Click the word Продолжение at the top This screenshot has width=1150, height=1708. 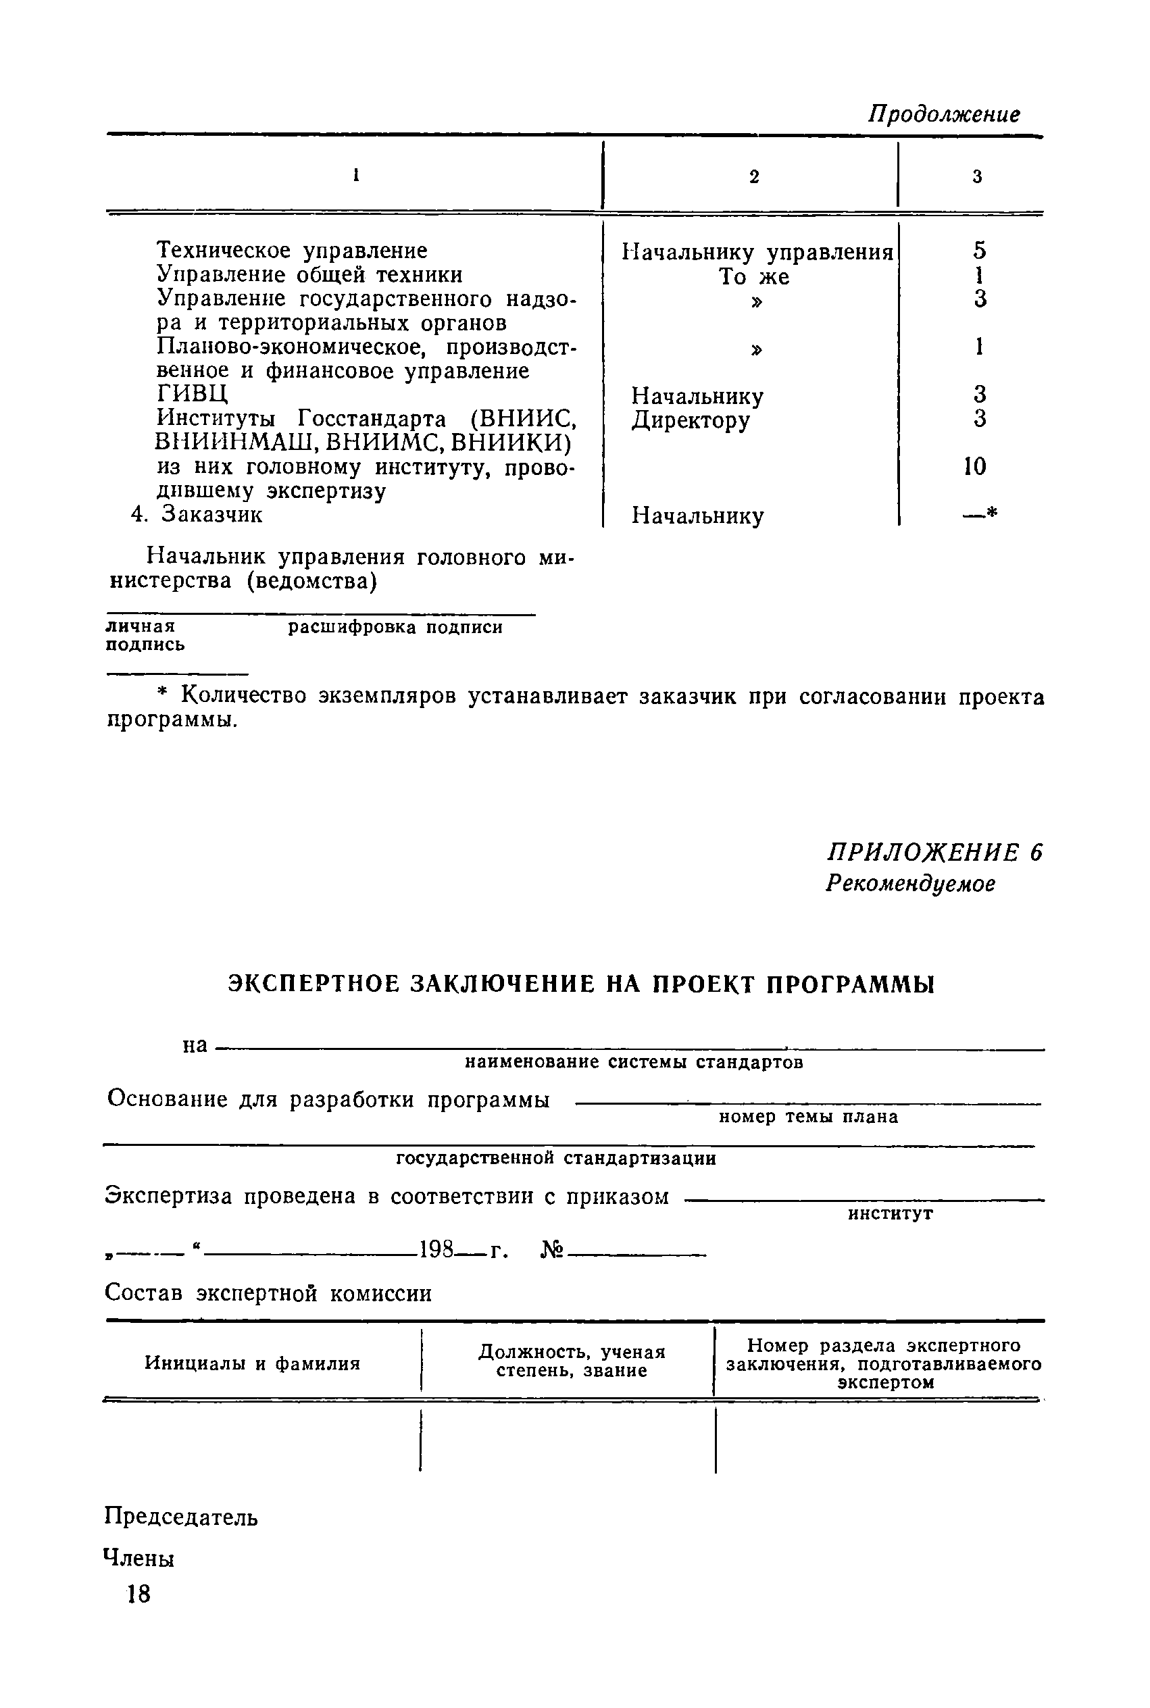coord(944,114)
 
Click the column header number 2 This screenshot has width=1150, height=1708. coord(754,177)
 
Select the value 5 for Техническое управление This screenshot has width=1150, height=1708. coord(980,251)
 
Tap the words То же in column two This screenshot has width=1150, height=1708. coord(754,277)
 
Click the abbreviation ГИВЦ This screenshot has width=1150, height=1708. coord(193,394)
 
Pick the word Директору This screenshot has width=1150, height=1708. coord(691,420)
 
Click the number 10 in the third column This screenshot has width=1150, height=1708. coord(976,466)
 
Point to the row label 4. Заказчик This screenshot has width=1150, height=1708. coord(197,514)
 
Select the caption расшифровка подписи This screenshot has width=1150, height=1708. coord(395,628)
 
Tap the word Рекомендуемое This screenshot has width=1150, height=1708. coord(910,884)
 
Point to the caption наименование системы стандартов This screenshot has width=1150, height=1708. coord(634,1063)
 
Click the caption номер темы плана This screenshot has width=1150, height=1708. coord(808,1117)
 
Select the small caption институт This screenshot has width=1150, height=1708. coord(891,1213)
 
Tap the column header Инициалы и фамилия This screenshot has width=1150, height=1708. coord(252,1363)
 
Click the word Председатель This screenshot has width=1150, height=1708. coord(181,1517)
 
